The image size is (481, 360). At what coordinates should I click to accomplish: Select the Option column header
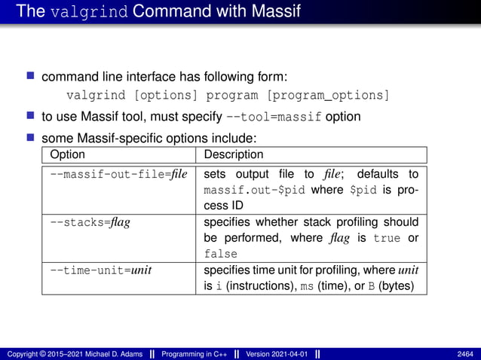coord(67,155)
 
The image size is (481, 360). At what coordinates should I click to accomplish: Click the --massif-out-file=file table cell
coord(118,175)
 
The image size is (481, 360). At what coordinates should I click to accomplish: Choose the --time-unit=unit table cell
coord(100,270)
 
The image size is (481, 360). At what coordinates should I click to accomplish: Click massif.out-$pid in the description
coord(255,191)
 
